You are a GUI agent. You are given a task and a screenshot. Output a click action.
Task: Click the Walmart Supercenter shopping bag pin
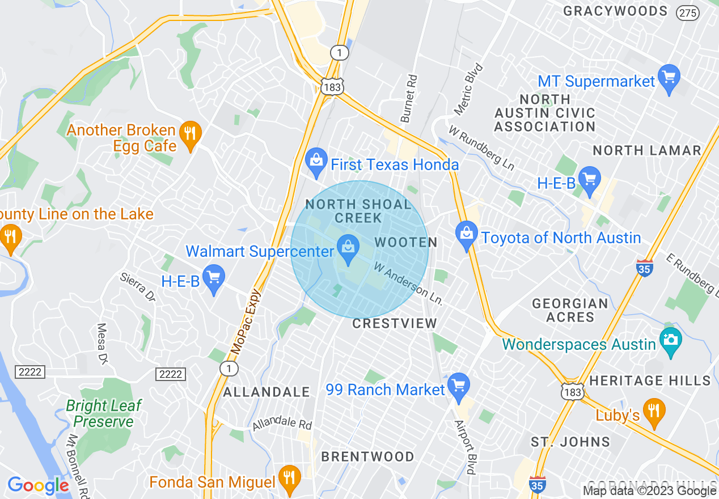(x=348, y=247)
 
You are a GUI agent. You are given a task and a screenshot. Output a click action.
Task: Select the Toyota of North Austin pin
(x=467, y=234)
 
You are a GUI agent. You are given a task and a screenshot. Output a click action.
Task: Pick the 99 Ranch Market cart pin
(x=458, y=386)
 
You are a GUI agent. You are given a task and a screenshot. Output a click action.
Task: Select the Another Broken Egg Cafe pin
(x=190, y=134)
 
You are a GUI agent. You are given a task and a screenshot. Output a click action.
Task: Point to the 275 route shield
(x=688, y=13)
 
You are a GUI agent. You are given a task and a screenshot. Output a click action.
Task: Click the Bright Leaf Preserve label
(x=104, y=413)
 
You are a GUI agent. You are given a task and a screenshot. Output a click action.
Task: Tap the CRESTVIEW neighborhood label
(x=395, y=323)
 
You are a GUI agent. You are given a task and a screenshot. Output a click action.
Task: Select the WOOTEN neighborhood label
(x=405, y=243)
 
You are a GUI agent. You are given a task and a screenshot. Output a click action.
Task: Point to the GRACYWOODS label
(x=615, y=11)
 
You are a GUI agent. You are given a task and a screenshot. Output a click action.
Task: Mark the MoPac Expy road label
(x=246, y=322)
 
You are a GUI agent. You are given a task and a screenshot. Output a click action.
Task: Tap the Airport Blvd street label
(x=464, y=447)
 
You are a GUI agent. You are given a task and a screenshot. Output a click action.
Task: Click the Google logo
(x=37, y=485)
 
